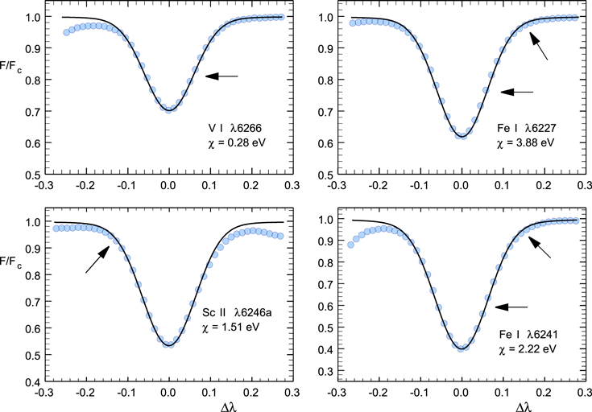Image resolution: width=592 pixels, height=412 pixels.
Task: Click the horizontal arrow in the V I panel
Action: pyautogui.click(x=221, y=76)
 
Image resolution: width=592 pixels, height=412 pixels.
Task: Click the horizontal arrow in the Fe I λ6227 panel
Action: pyautogui.click(x=516, y=92)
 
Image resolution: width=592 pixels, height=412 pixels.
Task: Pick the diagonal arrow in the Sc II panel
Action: pyautogui.click(x=97, y=260)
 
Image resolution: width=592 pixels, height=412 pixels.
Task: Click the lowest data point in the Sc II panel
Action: pyautogui.click(x=168, y=344)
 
